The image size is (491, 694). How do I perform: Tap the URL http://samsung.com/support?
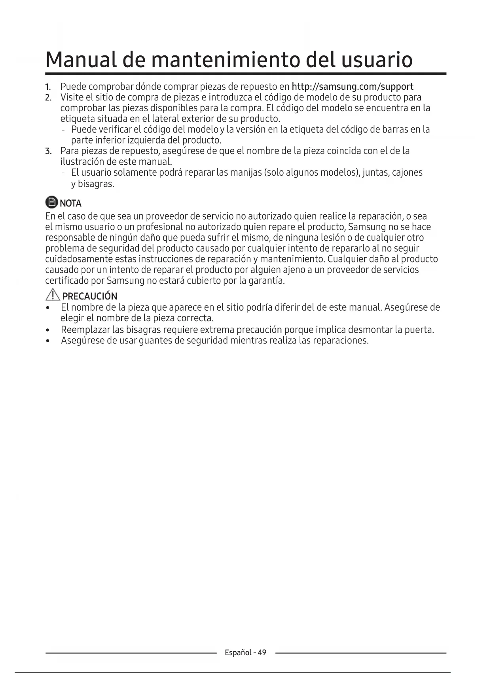(x=352, y=87)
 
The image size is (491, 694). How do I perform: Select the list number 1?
(x=48, y=87)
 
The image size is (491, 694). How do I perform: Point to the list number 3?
(x=48, y=151)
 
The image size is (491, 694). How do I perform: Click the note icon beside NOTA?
(x=51, y=203)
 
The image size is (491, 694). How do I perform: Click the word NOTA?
(x=70, y=203)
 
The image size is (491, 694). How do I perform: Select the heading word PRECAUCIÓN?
(x=89, y=296)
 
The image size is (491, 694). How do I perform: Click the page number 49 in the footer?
(x=262, y=652)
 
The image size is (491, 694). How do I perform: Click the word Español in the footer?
(x=238, y=652)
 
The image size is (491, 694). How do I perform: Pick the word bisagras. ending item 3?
(x=96, y=184)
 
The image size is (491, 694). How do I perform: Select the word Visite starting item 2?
(x=71, y=97)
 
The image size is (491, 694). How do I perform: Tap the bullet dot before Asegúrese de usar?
(x=47, y=341)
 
